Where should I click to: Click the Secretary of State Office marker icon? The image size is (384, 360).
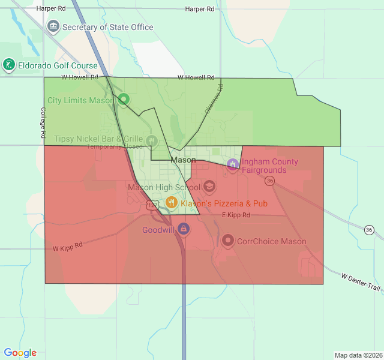coord(53,26)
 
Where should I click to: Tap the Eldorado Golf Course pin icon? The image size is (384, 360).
coord(8,64)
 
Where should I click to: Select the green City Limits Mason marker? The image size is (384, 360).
coord(123,100)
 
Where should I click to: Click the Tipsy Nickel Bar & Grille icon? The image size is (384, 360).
coord(151,141)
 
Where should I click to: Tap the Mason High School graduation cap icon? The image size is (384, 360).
coord(209,187)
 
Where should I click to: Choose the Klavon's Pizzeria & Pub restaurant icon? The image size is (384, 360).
coord(171,203)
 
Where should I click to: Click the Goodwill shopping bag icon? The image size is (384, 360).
coord(184,229)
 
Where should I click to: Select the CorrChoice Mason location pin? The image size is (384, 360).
coord(228,241)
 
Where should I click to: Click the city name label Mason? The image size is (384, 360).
coord(183,160)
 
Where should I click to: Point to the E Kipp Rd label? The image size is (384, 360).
coord(236,215)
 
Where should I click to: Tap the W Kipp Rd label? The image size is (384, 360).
coord(67,247)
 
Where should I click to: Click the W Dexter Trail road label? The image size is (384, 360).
coord(361,283)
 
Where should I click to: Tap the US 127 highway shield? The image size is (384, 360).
coord(151,205)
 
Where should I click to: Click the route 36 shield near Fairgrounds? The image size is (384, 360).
coord(271,180)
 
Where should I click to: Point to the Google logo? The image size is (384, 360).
coord(20,353)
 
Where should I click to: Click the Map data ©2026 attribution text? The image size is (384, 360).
coord(358,355)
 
